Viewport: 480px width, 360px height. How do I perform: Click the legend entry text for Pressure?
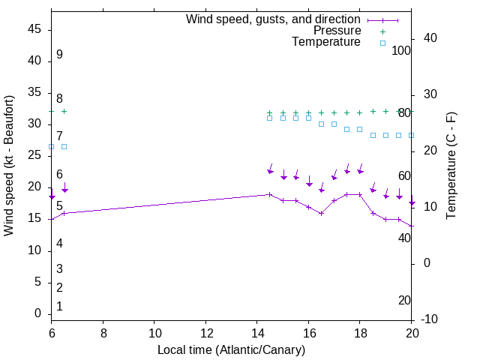coord(337,31)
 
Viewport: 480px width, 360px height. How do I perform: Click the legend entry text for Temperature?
coord(326,42)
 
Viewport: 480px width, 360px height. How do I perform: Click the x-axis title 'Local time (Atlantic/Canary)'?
coord(231,349)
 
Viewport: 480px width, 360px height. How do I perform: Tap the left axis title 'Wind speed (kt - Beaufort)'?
coord(9,165)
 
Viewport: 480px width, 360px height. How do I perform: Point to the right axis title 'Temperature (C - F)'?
coord(451,165)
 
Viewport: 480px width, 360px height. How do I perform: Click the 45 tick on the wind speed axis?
coord(35,29)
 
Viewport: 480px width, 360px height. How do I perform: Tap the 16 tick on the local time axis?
coord(309,331)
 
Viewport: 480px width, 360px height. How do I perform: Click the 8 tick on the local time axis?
coord(103,331)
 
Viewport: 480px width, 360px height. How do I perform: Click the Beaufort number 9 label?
coord(59,55)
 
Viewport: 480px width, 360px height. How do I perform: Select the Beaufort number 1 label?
coord(59,306)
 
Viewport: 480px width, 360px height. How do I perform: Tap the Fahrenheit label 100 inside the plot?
coord(402,50)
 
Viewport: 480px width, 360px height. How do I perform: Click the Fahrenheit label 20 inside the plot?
coord(404,300)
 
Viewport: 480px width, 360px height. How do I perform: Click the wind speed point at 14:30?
coord(270,194)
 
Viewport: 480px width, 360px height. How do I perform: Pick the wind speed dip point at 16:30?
coord(321,213)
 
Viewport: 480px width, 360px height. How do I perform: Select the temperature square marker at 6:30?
coord(64,146)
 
